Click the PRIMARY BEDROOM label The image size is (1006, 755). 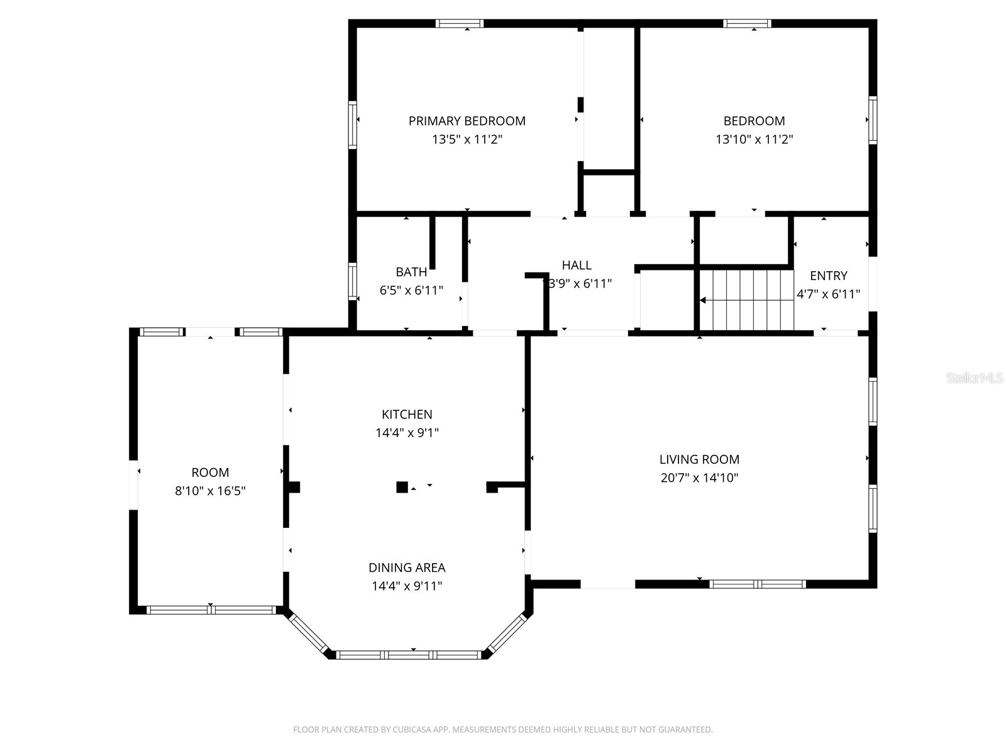pyautogui.click(x=467, y=121)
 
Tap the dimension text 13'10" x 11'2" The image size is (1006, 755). pyautogui.click(x=754, y=140)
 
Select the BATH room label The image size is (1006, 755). pyautogui.click(x=411, y=272)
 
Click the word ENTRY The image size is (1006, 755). pyautogui.click(x=828, y=276)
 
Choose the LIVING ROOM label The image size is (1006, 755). pyautogui.click(x=699, y=459)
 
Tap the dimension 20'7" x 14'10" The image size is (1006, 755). pyautogui.click(x=699, y=478)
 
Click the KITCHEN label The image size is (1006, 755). pyautogui.click(x=407, y=414)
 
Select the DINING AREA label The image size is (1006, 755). pyautogui.click(x=407, y=568)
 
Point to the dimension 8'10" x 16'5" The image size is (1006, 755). pyautogui.click(x=210, y=491)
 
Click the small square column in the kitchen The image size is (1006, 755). pyautogui.click(x=402, y=487)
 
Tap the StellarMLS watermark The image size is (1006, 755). pyautogui.click(x=975, y=378)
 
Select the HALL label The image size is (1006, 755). pyautogui.click(x=577, y=265)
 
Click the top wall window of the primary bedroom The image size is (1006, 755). pyautogui.click(x=460, y=24)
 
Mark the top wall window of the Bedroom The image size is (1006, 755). pyautogui.click(x=747, y=24)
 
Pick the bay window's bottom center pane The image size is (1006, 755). pyautogui.click(x=409, y=655)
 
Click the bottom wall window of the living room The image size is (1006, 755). pyautogui.click(x=758, y=584)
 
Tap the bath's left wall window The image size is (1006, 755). pyautogui.click(x=353, y=281)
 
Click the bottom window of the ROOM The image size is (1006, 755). pyautogui.click(x=211, y=610)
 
